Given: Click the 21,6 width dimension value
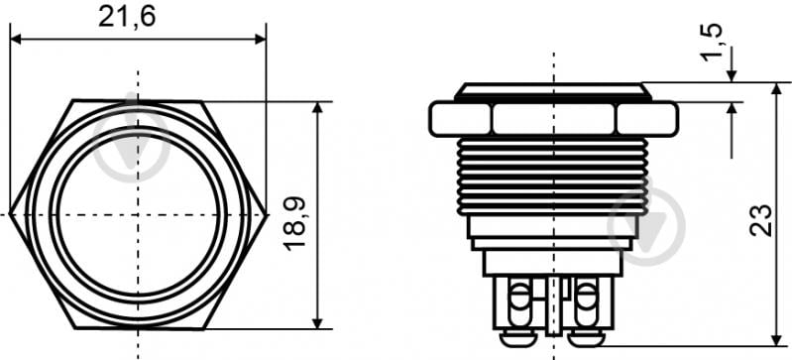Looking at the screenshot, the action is click(127, 18).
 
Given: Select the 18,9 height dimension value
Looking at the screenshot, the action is click(294, 223).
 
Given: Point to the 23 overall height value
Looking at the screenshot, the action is click(760, 220).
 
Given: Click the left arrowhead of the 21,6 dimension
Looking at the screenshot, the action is click(16, 39).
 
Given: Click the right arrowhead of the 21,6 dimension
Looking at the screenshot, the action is click(260, 39).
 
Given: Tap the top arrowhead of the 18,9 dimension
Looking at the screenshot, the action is click(317, 107).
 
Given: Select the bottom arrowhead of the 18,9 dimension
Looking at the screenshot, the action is click(317, 323).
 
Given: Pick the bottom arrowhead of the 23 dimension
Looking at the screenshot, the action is click(777, 341).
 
